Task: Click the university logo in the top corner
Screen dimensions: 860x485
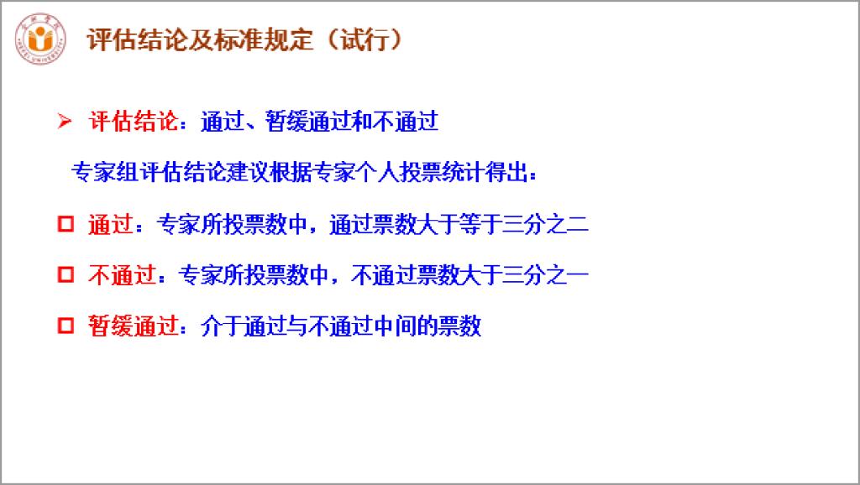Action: click(x=40, y=39)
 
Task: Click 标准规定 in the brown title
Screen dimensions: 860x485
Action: click(x=263, y=39)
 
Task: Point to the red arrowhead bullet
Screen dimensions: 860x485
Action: click(x=65, y=121)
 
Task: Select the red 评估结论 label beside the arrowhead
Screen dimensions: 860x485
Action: click(x=134, y=121)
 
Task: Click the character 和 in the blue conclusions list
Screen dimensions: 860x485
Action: click(x=361, y=121)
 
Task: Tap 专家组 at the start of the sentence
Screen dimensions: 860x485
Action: click(x=104, y=172)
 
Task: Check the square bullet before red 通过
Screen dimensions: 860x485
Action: click(x=66, y=223)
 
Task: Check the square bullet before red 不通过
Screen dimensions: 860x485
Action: click(x=66, y=274)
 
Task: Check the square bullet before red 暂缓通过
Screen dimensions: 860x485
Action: click(x=66, y=326)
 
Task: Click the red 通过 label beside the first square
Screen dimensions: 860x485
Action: click(x=110, y=223)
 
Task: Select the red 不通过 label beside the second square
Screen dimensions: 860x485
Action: click(x=122, y=274)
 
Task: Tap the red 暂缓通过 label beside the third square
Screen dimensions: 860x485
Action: click(x=134, y=326)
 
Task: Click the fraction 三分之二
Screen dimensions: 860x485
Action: click(x=545, y=223)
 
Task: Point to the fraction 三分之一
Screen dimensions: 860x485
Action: click(x=545, y=274)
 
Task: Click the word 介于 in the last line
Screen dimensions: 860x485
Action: click(x=222, y=326)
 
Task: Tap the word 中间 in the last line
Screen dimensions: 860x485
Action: click(x=395, y=326)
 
